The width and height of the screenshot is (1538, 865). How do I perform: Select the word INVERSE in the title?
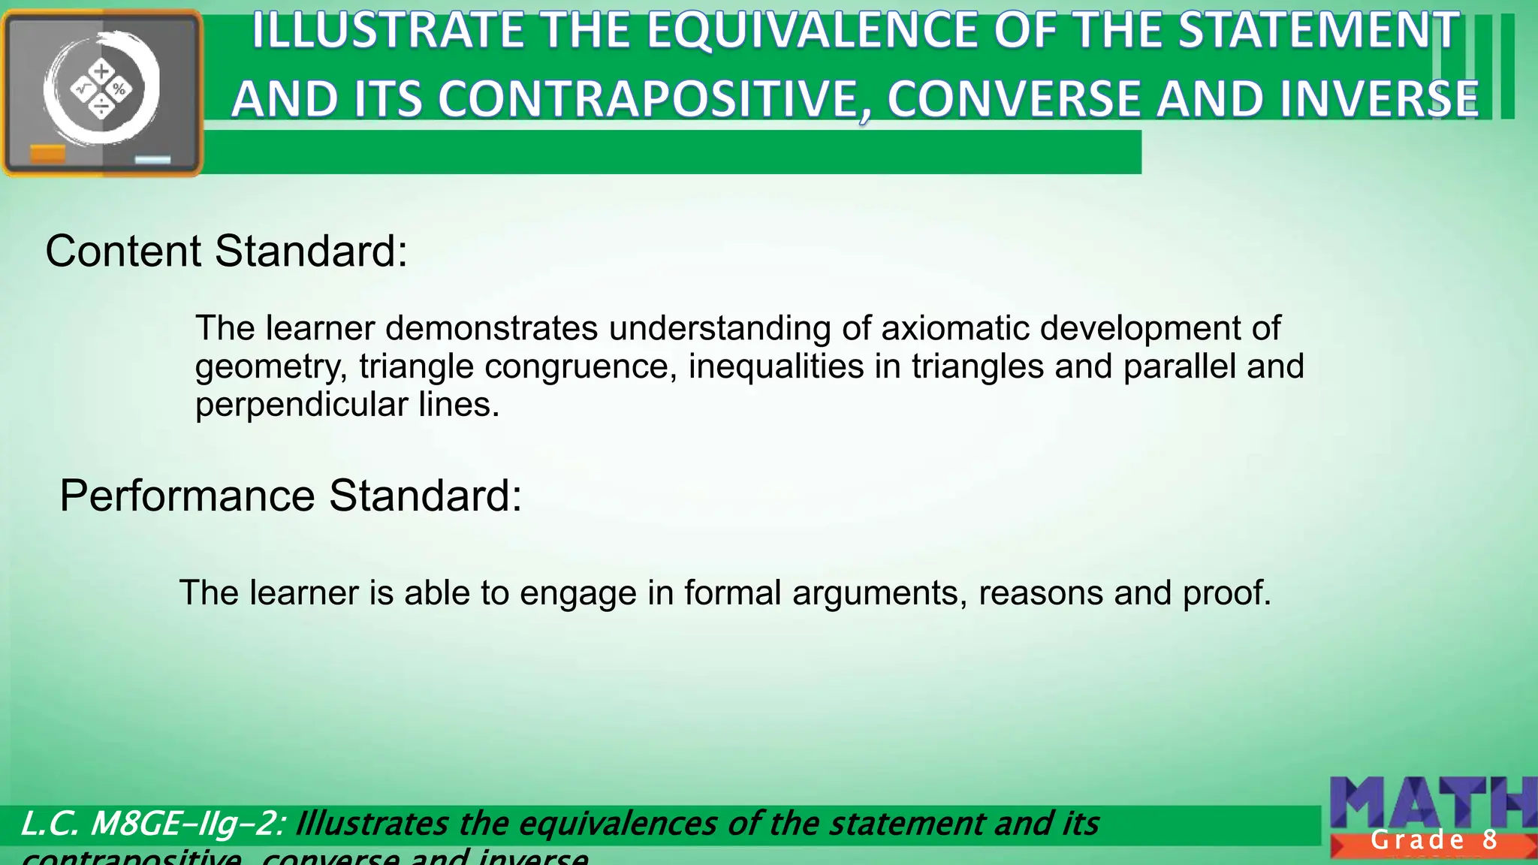pyautogui.click(x=1378, y=100)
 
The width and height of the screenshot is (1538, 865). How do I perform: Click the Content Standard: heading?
pyautogui.click(x=226, y=251)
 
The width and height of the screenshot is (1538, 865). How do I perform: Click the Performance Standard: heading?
pyautogui.click(x=291, y=496)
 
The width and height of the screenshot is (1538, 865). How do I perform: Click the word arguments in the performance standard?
pyautogui.click(x=879, y=593)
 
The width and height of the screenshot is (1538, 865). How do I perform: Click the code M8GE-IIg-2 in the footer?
pyautogui.click(x=184, y=824)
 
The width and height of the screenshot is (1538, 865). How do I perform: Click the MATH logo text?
pyautogui.click(x=1431, y=803)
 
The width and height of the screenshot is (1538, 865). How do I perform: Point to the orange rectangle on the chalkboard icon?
pyautogui.click(x=47, y=154)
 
